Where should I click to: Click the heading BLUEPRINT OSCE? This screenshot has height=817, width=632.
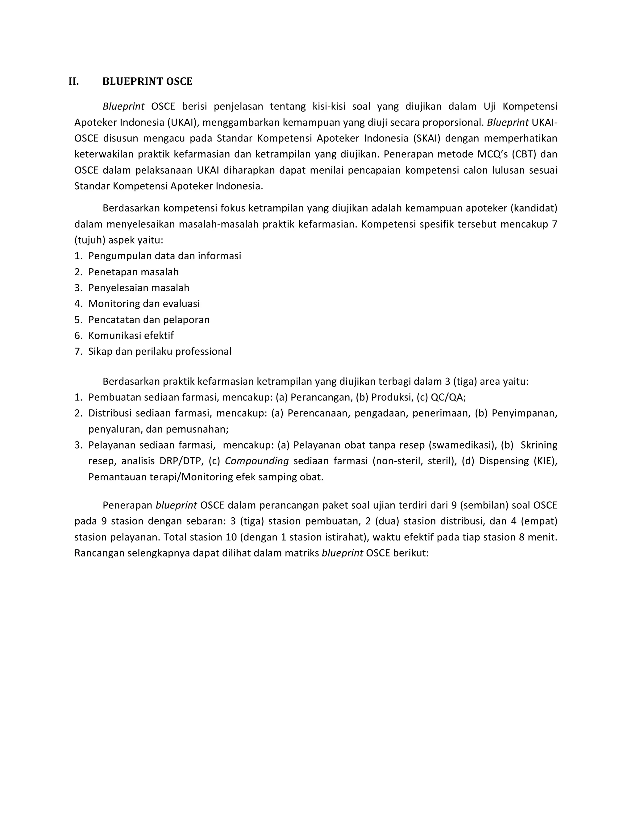click(x=148, y=82)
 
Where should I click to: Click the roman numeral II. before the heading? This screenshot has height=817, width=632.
click(x=74, y=82)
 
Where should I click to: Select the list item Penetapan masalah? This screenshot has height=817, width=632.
click(x=133, y=272)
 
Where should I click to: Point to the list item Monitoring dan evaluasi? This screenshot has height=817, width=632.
click(x=144, y=304)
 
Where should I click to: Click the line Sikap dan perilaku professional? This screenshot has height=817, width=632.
click(x=160, y=352)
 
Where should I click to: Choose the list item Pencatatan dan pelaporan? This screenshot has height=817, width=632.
click(x=149, y=320)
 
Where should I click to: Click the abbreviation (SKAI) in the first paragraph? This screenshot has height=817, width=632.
click(x=427, y=139)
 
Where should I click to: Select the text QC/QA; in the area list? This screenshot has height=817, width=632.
click(x=448, y=398)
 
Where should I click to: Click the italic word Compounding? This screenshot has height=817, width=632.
click(x=256, y=461)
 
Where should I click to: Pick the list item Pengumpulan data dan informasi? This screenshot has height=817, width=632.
click(x=165, y=256)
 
